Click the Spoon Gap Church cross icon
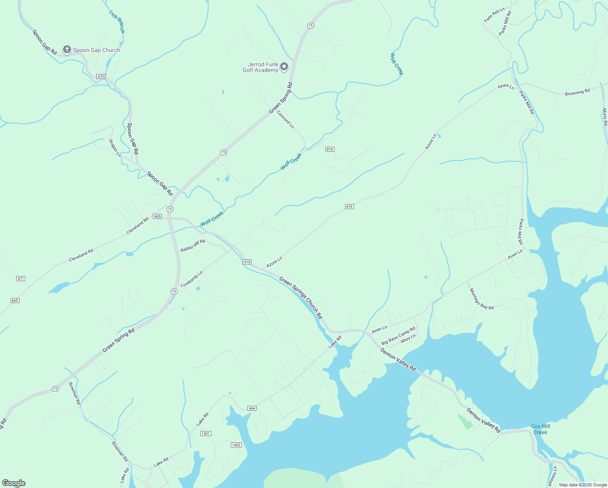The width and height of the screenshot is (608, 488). coord(67,50)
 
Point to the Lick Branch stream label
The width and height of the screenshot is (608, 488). coord(117,21)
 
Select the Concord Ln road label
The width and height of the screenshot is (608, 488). coord(285,119)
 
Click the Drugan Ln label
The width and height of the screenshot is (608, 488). coord(115,148)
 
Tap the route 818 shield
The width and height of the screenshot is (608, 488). coord(330,149)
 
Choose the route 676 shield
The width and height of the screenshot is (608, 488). coord(349,207)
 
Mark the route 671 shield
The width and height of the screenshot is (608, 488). coord(21,279)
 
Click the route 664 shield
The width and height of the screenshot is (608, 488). coord(252,408)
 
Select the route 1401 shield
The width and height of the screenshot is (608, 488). coord(206,434)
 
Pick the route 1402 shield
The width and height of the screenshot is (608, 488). coord(236,445)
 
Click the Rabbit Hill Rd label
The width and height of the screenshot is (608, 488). coord(193,246)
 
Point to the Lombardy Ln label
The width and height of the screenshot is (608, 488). coord(191,279)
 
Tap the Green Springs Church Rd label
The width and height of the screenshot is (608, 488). coord(301,298)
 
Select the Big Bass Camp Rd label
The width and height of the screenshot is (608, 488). coord(398,335)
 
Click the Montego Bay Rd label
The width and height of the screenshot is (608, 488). coord(482,299)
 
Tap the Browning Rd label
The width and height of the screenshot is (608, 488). coord(577,93)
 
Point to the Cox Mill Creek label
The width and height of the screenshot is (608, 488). coord(541,429)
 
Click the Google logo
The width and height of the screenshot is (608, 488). coord(14,483)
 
